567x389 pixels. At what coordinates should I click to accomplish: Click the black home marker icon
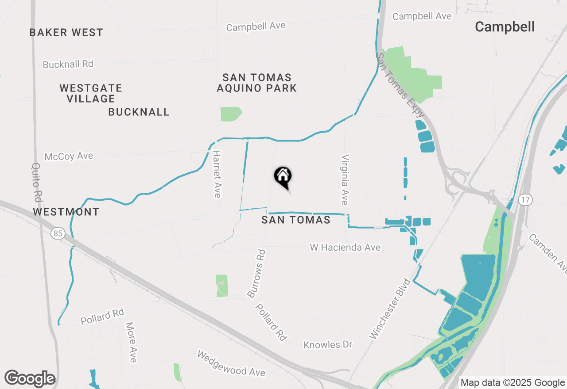tap(283, 177)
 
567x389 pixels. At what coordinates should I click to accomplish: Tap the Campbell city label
tap(505, 27)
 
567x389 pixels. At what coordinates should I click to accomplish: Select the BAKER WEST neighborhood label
tap(66, 32)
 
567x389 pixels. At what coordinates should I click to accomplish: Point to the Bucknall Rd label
tap(68, 64)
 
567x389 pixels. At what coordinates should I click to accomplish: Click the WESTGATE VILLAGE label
tap(91, 93)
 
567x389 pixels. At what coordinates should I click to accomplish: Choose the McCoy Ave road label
tap(69, 156)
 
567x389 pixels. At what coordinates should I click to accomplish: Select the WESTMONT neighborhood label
tap(66, 212)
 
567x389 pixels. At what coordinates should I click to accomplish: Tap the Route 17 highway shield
tap(525, 200)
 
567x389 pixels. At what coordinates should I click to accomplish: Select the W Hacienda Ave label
tap(345, 248)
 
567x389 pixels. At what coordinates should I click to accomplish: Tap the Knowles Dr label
tap(328, 344)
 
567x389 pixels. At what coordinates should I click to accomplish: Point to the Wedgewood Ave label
tap(231, 363)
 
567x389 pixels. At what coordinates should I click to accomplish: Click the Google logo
tap(30, 379)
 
